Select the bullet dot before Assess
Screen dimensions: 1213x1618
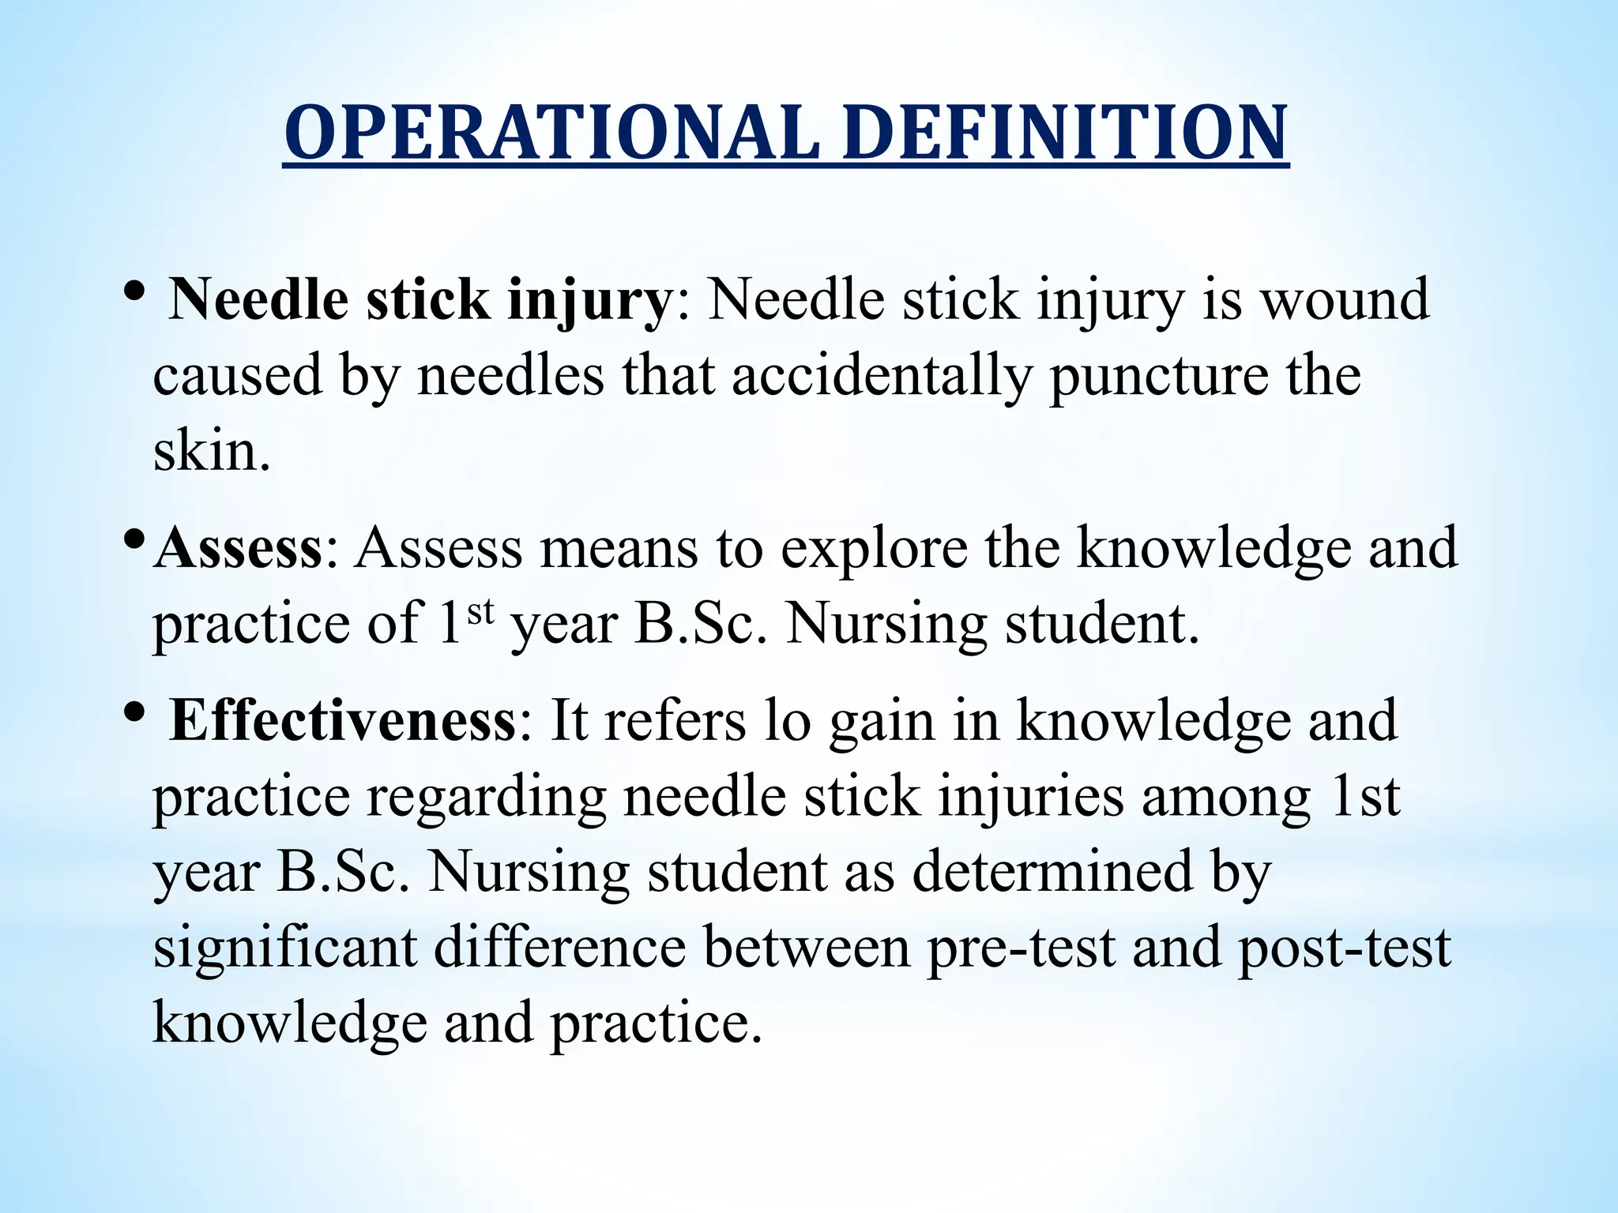click(134, 540)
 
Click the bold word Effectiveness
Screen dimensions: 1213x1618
click(343, 720)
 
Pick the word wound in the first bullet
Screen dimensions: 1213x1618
click(1345, 300)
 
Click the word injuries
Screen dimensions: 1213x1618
click(1031, 798)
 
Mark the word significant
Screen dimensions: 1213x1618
click(284, 948)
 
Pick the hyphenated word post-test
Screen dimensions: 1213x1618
click(1344, 948)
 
